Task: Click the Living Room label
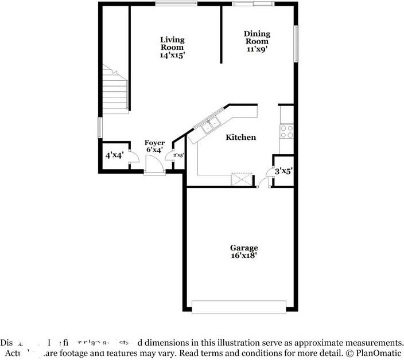pos(172,44)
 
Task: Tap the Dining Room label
pos(257,38)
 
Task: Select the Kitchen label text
pos(240,138)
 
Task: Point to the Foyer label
pos(154,143)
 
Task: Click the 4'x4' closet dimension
pos(115,155)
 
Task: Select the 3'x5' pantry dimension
pos(283,171)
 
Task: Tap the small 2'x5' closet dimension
pos(178,155)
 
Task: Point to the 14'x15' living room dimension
pos(172,56)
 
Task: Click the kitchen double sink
pos(208,124)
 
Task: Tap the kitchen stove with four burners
pos(286,132)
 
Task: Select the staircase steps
pos(115,92)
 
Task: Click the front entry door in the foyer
pos(153,168)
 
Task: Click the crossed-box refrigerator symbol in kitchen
pos(242,179)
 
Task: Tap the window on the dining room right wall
pos(296,44)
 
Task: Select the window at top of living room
pos(173,3)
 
